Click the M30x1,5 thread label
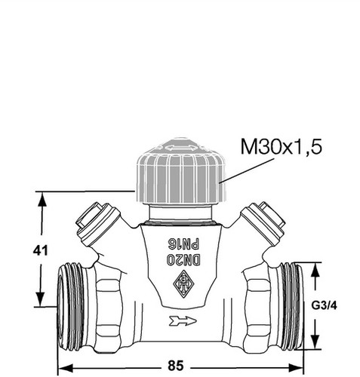pyautogui.click(x=282, y=147)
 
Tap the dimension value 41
pyautogui.click(x=41, y=250)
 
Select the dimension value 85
pyautogui.click(x=176, y=366)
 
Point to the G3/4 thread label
pyautogui.click(x=324, y=305)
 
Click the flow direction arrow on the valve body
pyautogui.click(x=183, y=321)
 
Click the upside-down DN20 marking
pyautogui.click(x=183, y=259)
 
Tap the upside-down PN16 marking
pyautogui.click(x=184, y=244)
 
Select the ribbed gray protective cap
pyautogui.click(x=181, y=171)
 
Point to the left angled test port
pyautogui.click(x=98, y=224)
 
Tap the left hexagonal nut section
pyautogui.click(x=109, y=306)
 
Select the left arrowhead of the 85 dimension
pyautogui.click(x=66, y=368)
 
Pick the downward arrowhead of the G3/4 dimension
pyautogui.click(x=315, y=342)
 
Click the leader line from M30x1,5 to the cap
pyautogui.click(x=247, y=170)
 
